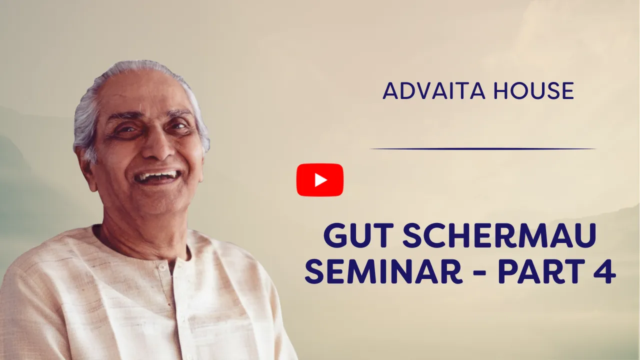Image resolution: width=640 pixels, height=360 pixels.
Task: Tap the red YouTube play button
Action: [320, 180]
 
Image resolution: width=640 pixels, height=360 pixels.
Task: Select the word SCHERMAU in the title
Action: [499, 236]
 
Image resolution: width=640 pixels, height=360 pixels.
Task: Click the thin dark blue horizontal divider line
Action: [482, 149]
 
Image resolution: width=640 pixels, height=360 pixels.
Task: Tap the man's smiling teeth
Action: [156, 176]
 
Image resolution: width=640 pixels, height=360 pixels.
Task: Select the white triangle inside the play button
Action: [320, 180]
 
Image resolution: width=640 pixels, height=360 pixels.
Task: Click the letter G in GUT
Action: [335, 236]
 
